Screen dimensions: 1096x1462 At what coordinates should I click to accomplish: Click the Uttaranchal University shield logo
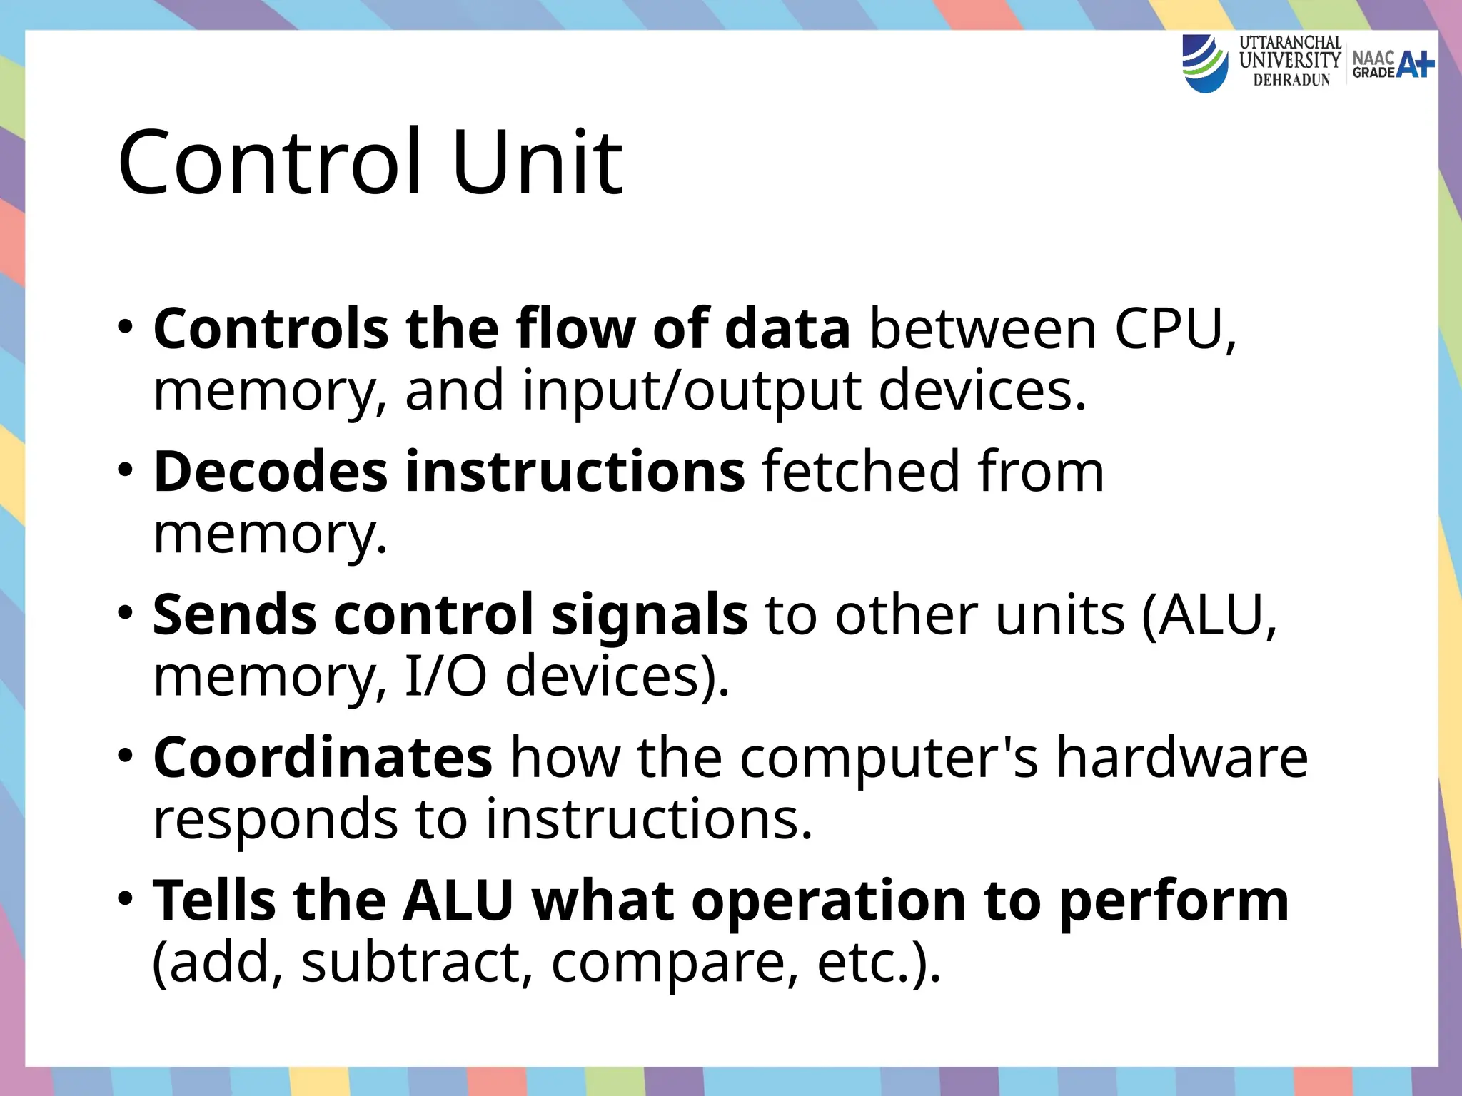pos(1205,64)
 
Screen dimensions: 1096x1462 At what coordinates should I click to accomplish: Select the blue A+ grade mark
pos(1415,64)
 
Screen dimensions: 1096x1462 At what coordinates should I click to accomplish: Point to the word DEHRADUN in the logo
pos(1291,80)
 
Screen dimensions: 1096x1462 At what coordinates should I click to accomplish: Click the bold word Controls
pos(271,329)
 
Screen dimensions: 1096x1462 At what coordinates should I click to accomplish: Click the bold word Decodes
pos(271,472)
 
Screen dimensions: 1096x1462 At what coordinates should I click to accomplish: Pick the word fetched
pos(861,472)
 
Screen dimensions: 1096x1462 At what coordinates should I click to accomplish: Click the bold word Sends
pos(233,614)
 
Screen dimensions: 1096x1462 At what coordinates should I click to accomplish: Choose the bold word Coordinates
pos(323,757)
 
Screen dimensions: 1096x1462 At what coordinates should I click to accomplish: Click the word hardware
pos(1181,757)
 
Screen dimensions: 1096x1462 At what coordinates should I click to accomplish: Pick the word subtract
pos(417,962)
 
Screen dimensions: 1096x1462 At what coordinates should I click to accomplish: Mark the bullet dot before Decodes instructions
pos(126,470)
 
